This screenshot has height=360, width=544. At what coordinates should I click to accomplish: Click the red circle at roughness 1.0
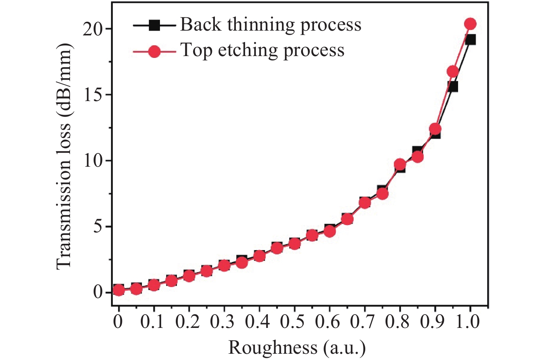point(470,24)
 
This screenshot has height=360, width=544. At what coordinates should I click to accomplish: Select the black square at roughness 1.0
point(471,40)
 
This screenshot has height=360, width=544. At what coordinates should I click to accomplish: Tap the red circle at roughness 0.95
point(453,72)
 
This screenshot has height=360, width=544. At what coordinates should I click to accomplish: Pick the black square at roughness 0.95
point(453,87)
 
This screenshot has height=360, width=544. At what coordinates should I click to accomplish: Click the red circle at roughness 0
point(119,290)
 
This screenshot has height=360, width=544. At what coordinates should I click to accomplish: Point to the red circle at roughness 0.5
point(294,244)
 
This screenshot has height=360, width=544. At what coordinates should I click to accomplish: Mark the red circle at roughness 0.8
point(400,165)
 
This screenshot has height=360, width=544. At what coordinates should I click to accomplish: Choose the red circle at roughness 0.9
point(435,129)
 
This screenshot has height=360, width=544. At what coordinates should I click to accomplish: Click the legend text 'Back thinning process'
point(271,25)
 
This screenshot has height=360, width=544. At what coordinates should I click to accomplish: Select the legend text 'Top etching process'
point(262,50)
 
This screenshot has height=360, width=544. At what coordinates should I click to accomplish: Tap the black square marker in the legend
point(154,25)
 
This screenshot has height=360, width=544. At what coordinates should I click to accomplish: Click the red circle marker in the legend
point(154,51)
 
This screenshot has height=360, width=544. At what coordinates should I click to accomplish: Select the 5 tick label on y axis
point(97,226)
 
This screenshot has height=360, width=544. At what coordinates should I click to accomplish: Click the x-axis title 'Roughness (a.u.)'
point(297,347)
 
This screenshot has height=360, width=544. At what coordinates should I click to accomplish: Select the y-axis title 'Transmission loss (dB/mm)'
point(64,156)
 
